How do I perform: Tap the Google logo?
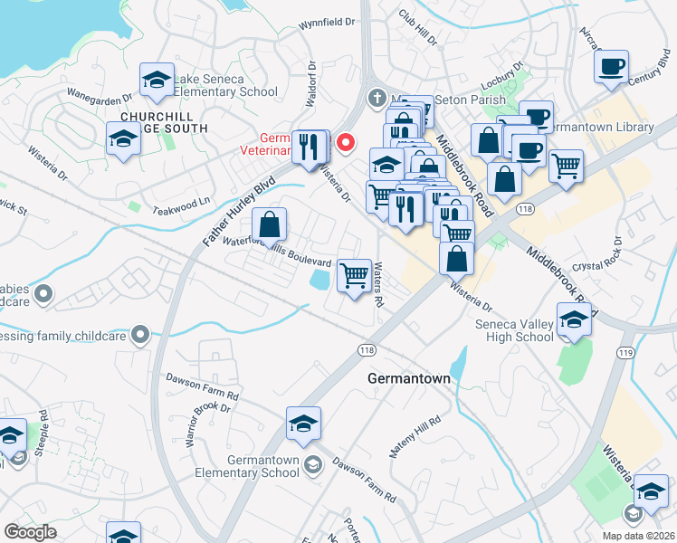(31, 532)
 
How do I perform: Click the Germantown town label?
(408, 379)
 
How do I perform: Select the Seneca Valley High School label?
(514, 330)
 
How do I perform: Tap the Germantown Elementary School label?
(251, 466)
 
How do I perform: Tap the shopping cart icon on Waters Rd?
(355, 275)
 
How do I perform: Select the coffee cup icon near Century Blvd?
(612, 67)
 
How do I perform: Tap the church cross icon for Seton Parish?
(376, 97)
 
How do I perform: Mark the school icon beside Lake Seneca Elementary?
(157, 81)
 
